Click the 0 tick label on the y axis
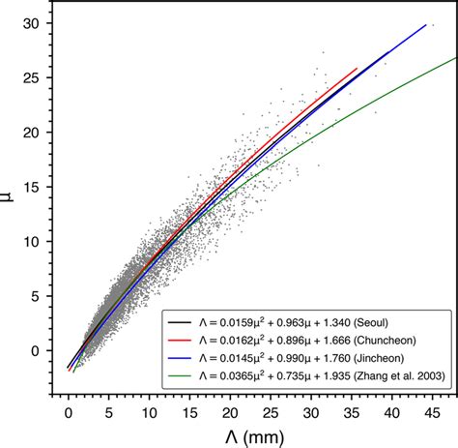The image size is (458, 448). click(36, 351)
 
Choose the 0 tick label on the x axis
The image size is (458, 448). click(68, 411)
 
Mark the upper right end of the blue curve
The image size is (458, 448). click(426, 24)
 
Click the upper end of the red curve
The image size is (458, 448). click(357, 68)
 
